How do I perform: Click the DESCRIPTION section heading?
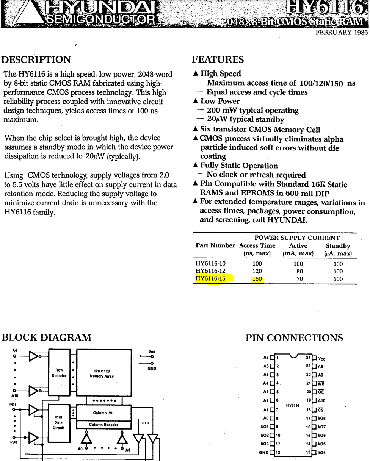coord(36,60)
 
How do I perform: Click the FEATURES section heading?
coord(218,60)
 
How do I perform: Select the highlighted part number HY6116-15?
coord(210,279)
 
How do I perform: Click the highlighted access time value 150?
coord(257,279)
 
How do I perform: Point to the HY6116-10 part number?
coord(210,264)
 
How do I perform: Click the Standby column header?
coord(338,245)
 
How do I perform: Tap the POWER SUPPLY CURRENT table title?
coord(297,238)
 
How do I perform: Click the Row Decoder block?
coord(59,373)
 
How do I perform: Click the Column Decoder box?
coord(103,425)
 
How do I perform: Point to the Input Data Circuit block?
coord(59,422)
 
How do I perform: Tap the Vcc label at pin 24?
coord(321,358)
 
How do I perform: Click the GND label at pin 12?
coord(263,452)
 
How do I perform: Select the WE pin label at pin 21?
coord(321,383)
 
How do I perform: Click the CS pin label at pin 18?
coord(321,410)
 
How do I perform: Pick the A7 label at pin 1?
coord(266,358)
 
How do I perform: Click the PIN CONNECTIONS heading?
coord(294,338)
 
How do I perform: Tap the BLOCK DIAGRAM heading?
coord(47,338)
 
